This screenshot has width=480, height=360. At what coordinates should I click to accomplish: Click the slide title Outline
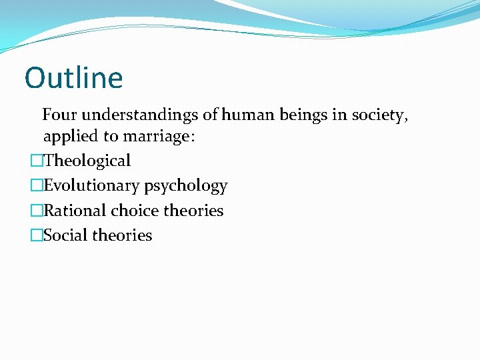pyautogui.click(x=73, y=77)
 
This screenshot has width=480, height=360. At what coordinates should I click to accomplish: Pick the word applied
pyautogui.click(x=69, y=137)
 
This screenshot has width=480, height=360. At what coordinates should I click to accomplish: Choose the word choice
pyautogui.click(x=133, y=211)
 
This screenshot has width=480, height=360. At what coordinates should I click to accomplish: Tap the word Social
pyautogui.click(x=64, y=235)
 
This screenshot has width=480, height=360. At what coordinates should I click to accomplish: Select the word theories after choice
pyautogui.click(x=193, y=211)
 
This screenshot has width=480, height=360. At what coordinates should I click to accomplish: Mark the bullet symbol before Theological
pyautogui.click(x=36, y=161)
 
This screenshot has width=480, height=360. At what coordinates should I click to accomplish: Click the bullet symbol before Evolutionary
pyautogui.click(x=36, y=186)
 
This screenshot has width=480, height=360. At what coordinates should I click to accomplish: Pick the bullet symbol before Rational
pyautogui.click(x=36, y=211)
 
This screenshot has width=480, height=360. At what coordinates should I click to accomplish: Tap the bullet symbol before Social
pyautogui.click(x=36, y=235)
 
